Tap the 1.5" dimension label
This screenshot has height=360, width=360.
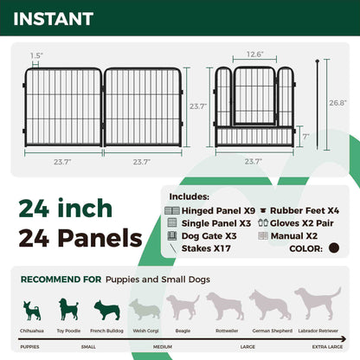(x=35, y=55)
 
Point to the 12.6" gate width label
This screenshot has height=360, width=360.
(x=254, y=55)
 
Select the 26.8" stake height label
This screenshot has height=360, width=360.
(x=337, y=101)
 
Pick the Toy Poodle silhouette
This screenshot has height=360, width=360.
(x=68, y=309)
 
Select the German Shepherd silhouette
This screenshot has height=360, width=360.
(x=270, y=305)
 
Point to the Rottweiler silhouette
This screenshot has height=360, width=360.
(x=224, y=306)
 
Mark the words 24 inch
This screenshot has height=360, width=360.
(x=67, y=208)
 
